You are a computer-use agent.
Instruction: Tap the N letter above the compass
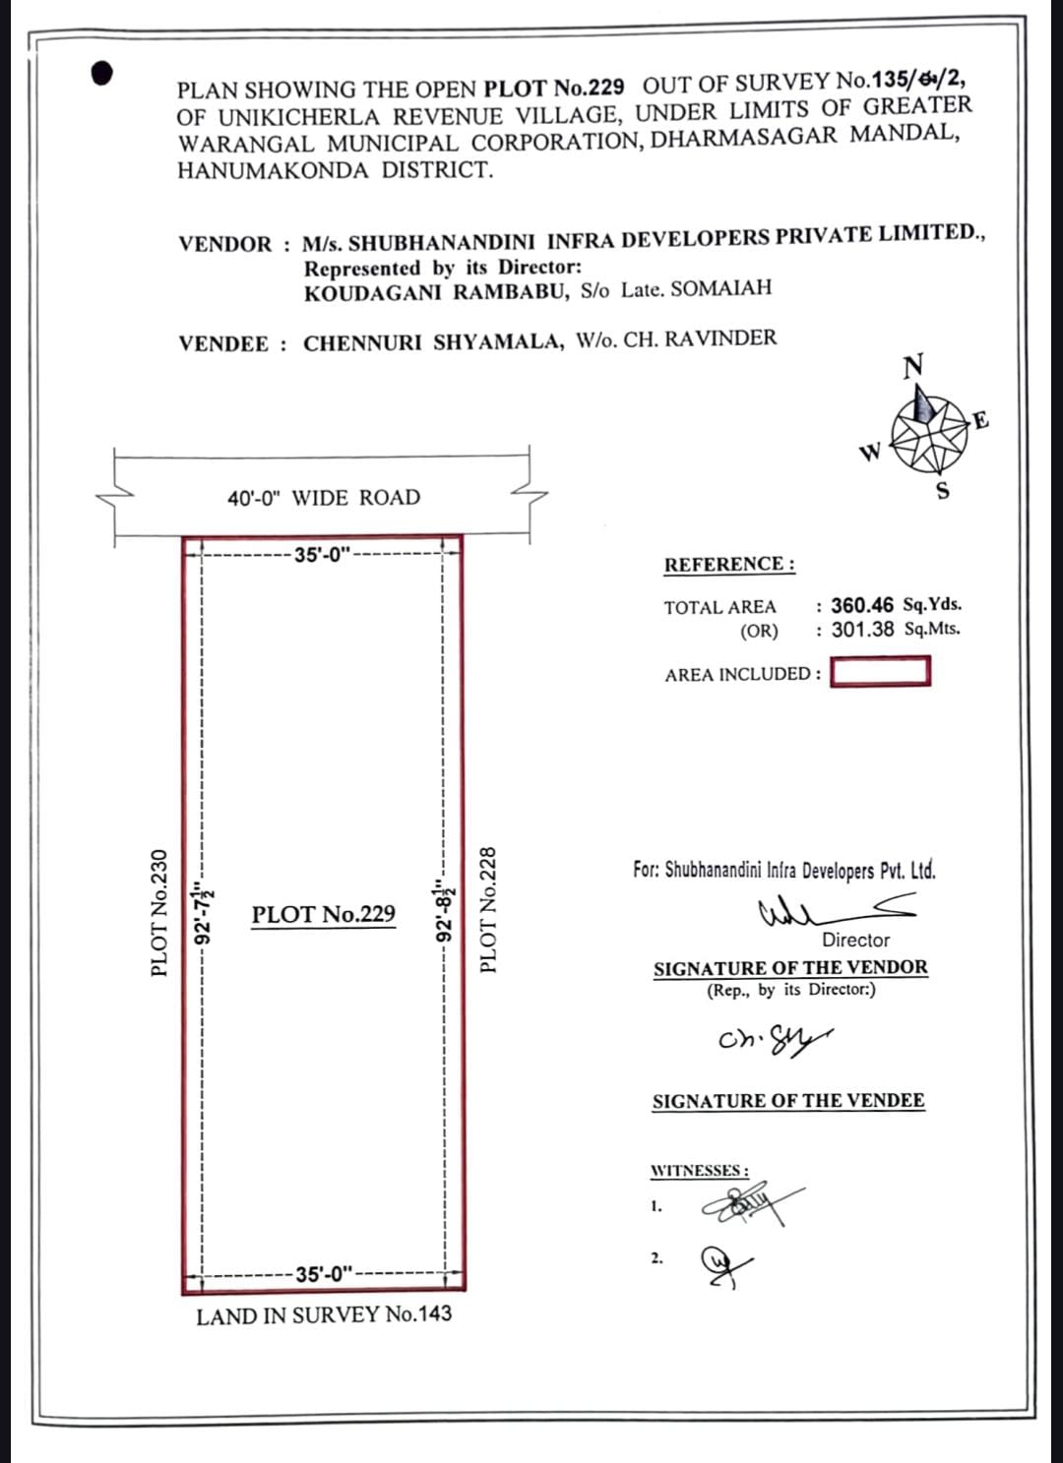[913, 366]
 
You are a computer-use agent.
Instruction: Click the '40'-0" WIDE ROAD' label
[324, 498]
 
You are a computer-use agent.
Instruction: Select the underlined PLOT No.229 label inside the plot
[323, 915]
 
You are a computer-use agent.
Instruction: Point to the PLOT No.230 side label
[159, 913]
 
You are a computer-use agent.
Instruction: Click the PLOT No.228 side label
[488, 910]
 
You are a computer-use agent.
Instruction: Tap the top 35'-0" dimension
[323, 555]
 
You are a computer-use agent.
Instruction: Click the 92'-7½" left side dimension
[204, 914]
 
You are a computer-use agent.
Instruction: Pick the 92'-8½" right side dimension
[445, 912]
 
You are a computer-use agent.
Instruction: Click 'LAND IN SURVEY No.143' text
[324, 1315]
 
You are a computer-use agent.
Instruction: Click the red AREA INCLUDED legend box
[880, 672]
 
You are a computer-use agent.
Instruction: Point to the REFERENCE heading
[729, 565]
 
